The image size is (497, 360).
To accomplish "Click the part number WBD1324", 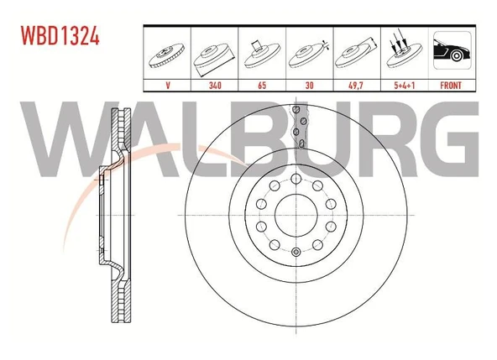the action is coord(60,35).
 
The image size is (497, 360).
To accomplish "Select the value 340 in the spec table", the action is coord(215,86).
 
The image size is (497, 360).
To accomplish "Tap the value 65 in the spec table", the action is coord(262,86).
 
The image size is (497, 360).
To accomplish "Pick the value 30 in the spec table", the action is coord(309,86).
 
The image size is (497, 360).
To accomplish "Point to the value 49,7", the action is coord(356,86).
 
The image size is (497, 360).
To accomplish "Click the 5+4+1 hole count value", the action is coord(405,86).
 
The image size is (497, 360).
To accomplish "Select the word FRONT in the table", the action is coord(451,86).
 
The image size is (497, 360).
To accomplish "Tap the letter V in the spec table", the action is coord(168,86).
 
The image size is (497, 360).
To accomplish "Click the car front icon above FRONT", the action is coord(452,50).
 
